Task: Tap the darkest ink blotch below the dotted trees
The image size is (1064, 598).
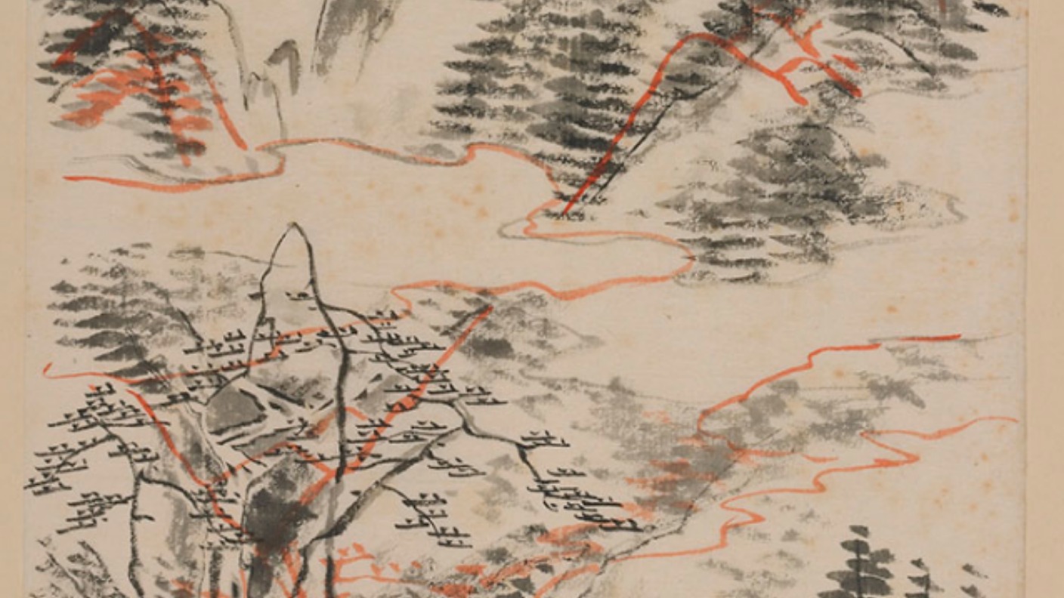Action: point(268,513)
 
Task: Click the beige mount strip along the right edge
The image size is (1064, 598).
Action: point(1046,302)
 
